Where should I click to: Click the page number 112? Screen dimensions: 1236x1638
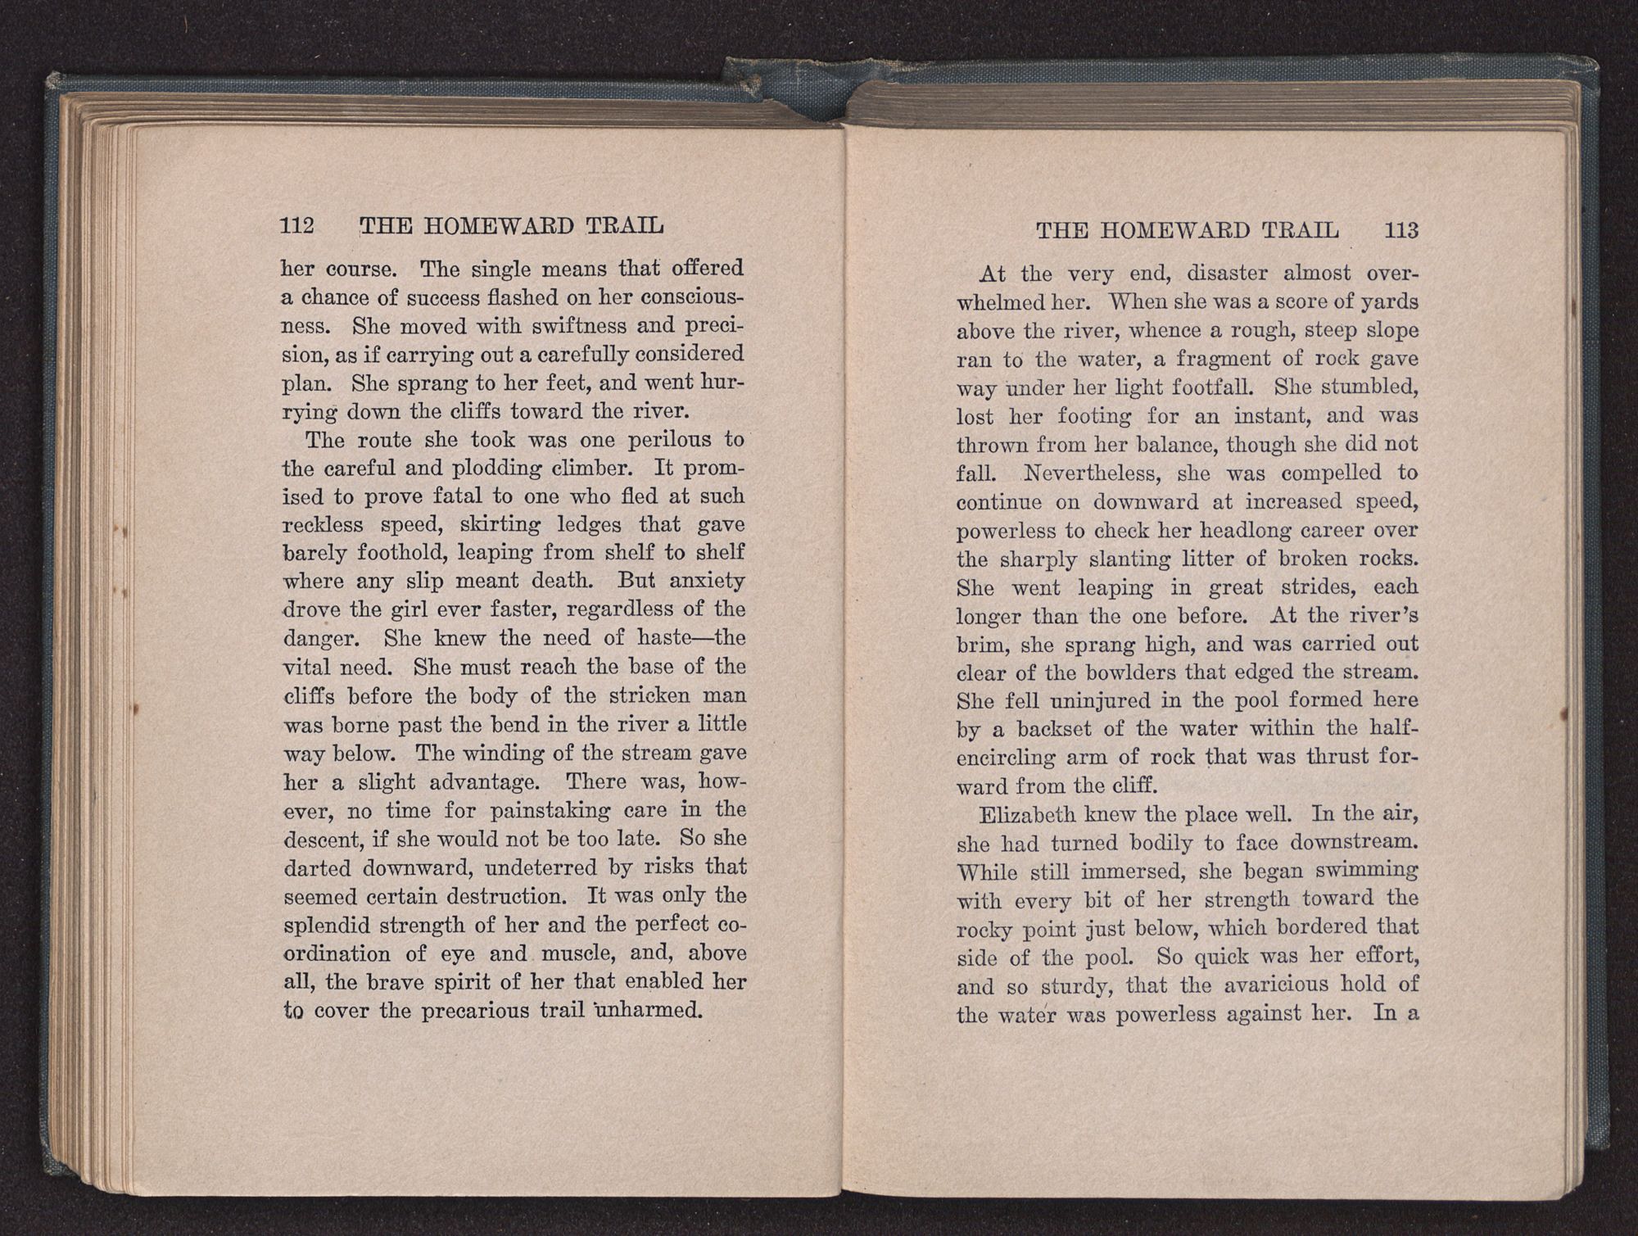point(297,225)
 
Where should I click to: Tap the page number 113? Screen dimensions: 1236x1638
point(1401,231)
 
